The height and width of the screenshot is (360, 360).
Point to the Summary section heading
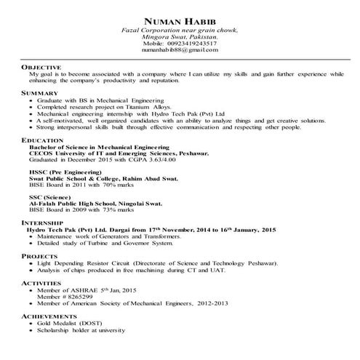[40, 94]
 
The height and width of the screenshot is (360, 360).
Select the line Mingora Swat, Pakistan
[180, 36]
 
